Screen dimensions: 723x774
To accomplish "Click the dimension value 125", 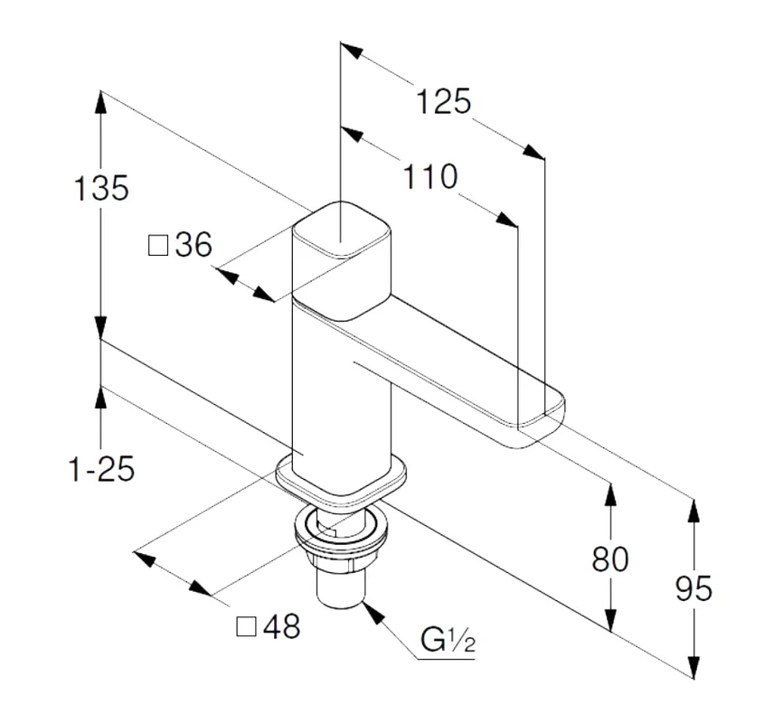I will pyautogui.click(x=443, y=101).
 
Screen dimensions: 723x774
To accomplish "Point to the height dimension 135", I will pyautogui.click(x=101, y=188).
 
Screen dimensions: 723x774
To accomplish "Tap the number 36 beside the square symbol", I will pyautogui.click(x=193, y=244).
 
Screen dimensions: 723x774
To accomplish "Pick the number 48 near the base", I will pyautogui.click(x=281, y=626).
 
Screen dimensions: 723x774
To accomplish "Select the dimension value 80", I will pyautogui.click(x=610, y=559).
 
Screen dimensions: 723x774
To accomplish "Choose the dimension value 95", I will pyautogui.click(x=694, y=588).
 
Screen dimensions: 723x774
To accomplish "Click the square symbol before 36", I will pyautogui.click(x=159, y=245).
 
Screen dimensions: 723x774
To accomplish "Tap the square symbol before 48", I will pyautogui.click(x=245, y=626).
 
